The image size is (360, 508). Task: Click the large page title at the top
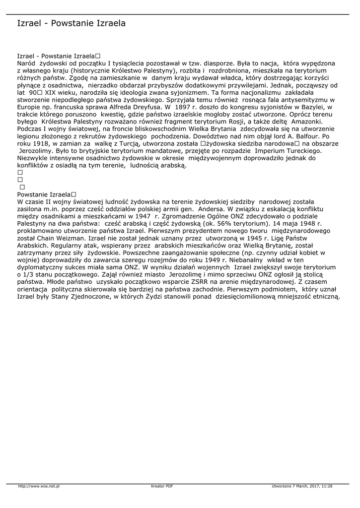click(x=71, y=23)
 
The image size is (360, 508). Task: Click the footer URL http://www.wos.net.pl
click(x=39, y=486)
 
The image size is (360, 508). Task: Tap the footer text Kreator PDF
click(x=162, y=486)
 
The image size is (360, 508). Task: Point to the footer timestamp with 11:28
click(x=302, y=486)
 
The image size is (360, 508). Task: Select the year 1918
click(x=44, y=143)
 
